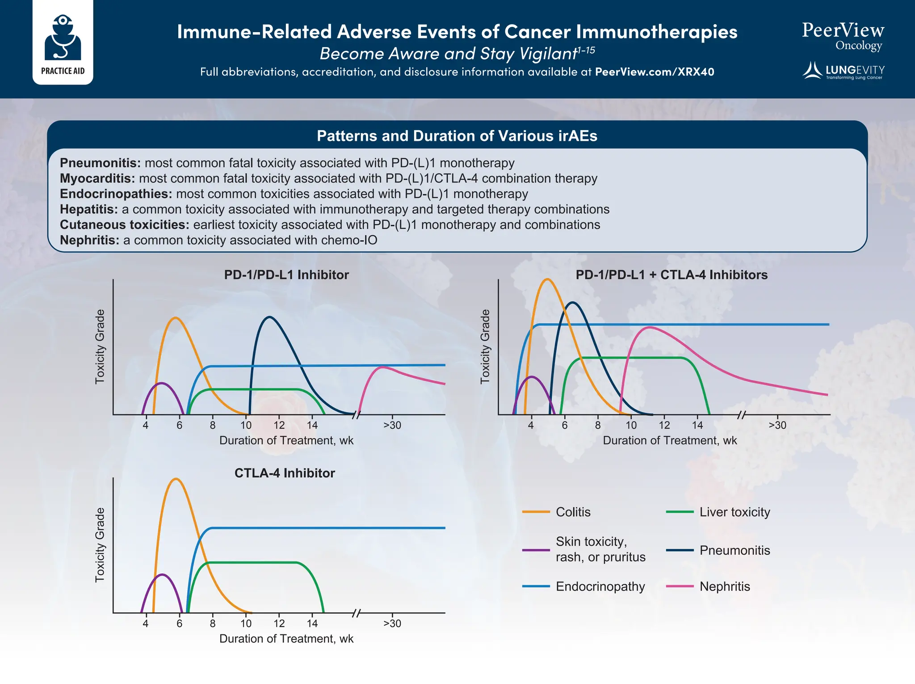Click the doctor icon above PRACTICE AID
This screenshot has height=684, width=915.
pos(63,38)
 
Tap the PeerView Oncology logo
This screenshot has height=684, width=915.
pos(843,36)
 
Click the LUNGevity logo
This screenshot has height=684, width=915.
pos(844,71)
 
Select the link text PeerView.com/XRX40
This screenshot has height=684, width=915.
pos(655,72)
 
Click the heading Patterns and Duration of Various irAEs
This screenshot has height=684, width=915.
pos(457,136)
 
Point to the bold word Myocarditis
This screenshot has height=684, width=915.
pos(97,178)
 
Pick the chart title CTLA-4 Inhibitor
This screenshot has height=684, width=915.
pos(285,473)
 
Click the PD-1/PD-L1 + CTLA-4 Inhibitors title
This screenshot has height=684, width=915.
pos(671,274)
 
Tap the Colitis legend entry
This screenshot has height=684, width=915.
pos(573,512)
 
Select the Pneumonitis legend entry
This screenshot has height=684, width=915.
pos(735,550)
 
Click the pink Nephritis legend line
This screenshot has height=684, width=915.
pos(680,586)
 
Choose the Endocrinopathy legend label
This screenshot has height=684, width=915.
pos(600,586)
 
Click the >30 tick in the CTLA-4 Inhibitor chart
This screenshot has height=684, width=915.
pos(392,623)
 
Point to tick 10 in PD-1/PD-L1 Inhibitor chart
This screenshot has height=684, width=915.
pos(246,425)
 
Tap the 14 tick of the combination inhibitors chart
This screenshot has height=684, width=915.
pos(697,425)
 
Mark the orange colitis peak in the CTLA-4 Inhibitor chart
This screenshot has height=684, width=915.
pos(176,479)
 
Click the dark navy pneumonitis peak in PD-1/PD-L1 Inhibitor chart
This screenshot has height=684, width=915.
pos(269,317)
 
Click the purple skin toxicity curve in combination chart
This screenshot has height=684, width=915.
pos(531,377)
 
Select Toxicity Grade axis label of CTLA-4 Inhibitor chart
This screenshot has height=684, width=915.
pos(100,545)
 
